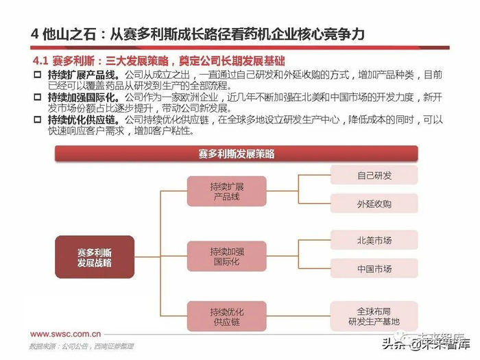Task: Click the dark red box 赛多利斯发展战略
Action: pyautogui.click(x=94, y=257)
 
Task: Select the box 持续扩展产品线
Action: pyautogui.click(x=227, y=192)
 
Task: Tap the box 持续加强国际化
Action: pyautogui.click(x=227, y=257)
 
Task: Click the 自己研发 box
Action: pyautogui.click(x=374, y=176)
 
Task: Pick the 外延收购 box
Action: pyautogui.click(x=374, y=204)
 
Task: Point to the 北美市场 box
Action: pyautogui.click(x=374, y=241)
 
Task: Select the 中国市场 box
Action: pyautogui.click(x=374, y=269)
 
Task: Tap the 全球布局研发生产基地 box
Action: pyautogui.click(x=374, y=315)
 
